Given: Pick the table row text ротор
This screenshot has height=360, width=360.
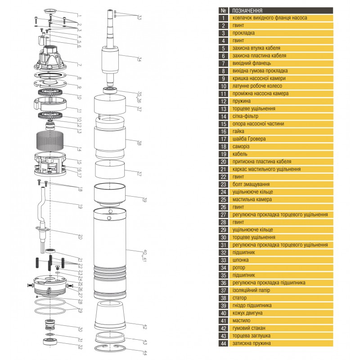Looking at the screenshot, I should (x=239, y=267).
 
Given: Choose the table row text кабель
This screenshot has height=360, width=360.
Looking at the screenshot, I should (x=240, y=154).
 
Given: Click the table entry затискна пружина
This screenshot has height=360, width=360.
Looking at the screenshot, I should (x=252, y=343).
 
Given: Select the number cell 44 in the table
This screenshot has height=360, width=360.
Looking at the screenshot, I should (x=223, y=343).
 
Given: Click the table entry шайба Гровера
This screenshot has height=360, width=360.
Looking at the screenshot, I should (x=249, y=139).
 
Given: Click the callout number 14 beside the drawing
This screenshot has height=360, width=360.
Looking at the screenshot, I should (x=80, y=149).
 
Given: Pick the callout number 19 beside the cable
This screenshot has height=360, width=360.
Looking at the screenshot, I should (x=80, y=207).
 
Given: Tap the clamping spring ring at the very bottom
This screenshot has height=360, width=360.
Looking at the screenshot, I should (x=110, y=349).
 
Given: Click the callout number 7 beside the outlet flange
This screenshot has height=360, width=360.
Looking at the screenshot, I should (x=80, y=65).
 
